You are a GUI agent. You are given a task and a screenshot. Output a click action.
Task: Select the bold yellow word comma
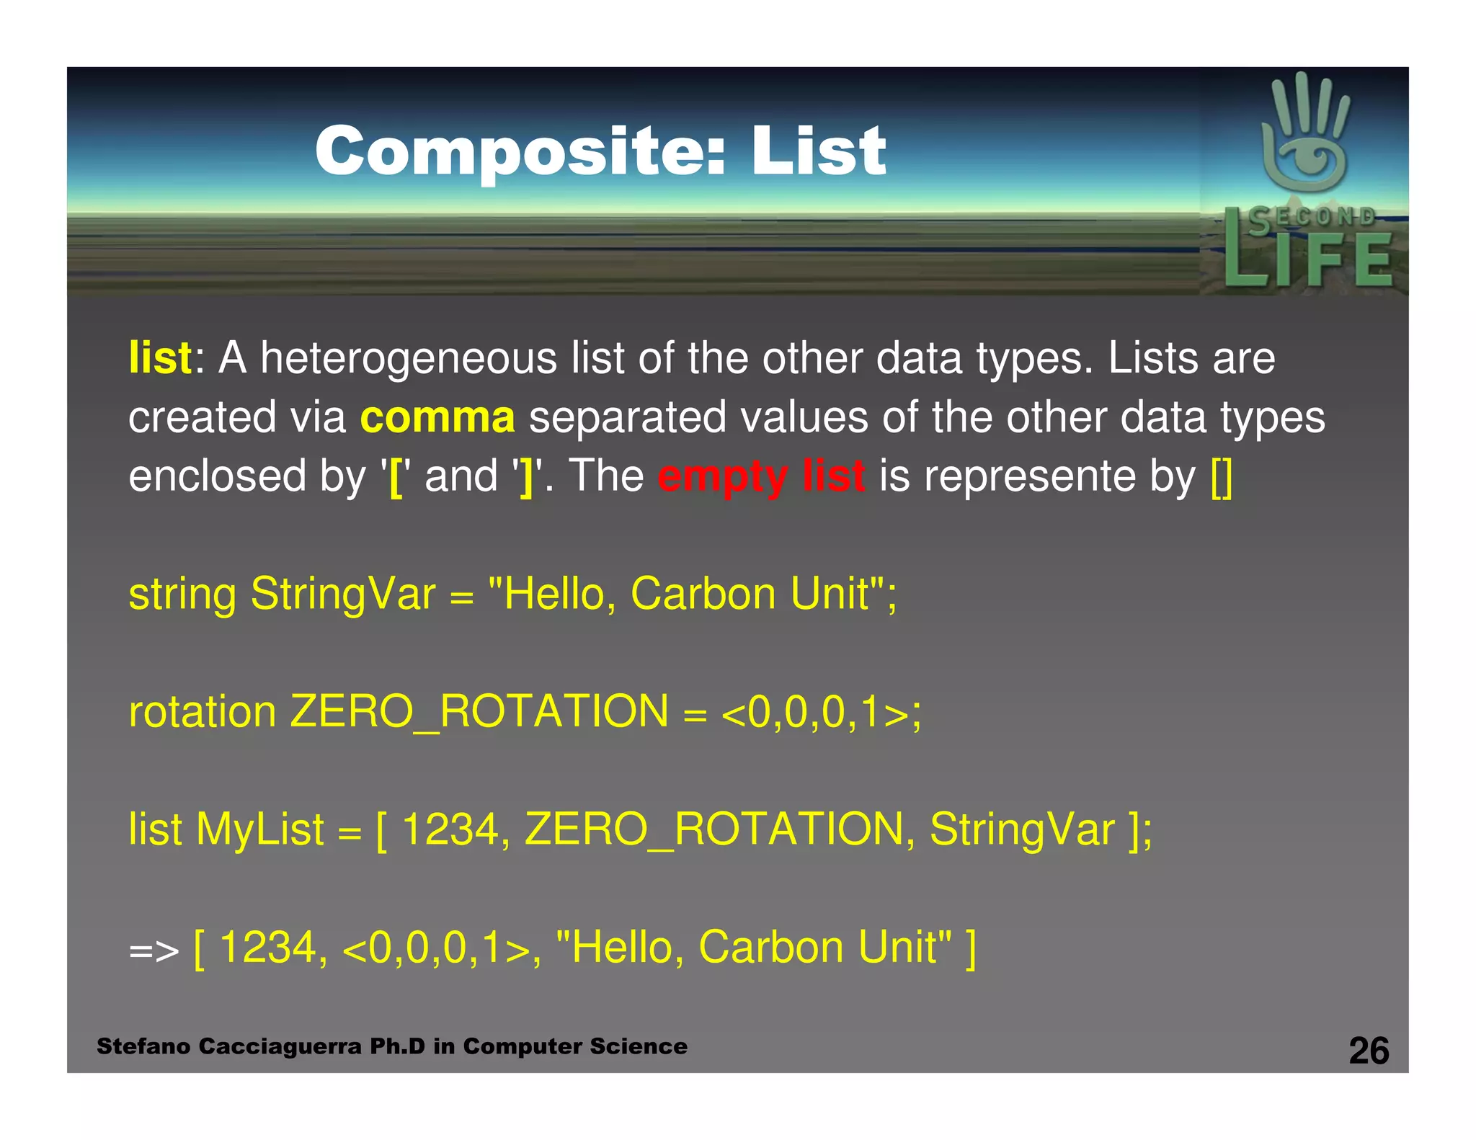pos(437,418)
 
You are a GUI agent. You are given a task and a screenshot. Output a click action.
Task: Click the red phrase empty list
pos(761,477)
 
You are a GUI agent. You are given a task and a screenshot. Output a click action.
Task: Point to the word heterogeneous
pos(408,358)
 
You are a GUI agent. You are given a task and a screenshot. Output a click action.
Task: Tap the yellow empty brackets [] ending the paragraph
pos(1222,477)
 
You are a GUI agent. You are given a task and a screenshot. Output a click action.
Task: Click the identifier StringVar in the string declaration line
pos(343,595)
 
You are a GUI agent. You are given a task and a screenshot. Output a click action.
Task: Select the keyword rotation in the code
pos(202,712)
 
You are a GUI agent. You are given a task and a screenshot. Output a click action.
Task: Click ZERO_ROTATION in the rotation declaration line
pos(479,712)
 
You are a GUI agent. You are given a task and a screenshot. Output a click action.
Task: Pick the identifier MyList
pos(259,829)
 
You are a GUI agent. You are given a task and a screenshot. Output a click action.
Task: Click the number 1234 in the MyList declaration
pos(450,829)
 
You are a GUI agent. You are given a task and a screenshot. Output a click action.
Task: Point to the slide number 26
pos(1369,1051)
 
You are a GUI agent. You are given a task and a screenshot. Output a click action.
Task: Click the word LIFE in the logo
pos(1308,259)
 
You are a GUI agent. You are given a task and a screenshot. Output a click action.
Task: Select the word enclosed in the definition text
pos(217,477)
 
